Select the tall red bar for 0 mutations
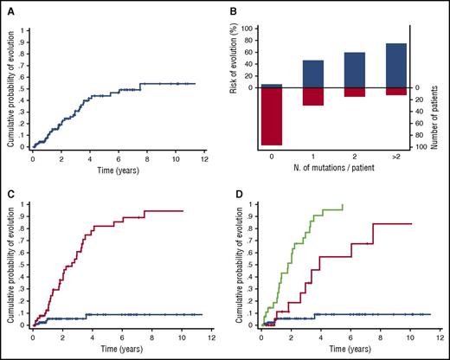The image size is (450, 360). [x=272, y=116]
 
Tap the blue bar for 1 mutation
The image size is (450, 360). [x=313, y=74]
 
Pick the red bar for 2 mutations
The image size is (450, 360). [x=354, y=92]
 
